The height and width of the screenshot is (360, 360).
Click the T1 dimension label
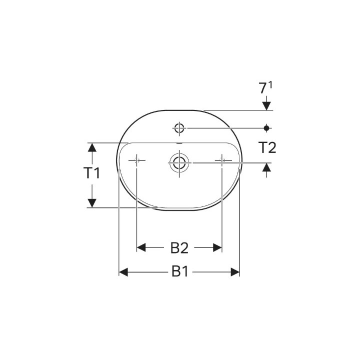coord(91,173)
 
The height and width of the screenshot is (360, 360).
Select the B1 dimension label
coord(179,272)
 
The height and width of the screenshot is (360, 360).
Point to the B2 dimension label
coord(179,247)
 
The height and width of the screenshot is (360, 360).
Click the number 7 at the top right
coord(262,89)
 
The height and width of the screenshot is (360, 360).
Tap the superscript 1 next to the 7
coord(270,86)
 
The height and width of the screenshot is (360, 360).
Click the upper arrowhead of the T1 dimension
coord(91,147)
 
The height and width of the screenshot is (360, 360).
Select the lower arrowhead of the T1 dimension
coord(91,202)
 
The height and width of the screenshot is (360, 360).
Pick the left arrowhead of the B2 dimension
coord(141,247)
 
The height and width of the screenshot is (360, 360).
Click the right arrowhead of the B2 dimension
coord(217,247)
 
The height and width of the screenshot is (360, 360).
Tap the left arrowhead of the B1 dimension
coord(123,272)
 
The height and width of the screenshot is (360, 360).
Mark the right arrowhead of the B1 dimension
coord(235,272)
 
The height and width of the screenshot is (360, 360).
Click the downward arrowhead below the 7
coord(266,105)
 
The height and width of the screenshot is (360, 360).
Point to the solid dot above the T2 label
coord(266,128)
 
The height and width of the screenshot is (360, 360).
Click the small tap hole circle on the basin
coord(179,128)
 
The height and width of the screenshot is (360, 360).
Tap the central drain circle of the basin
coord(178,162)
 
